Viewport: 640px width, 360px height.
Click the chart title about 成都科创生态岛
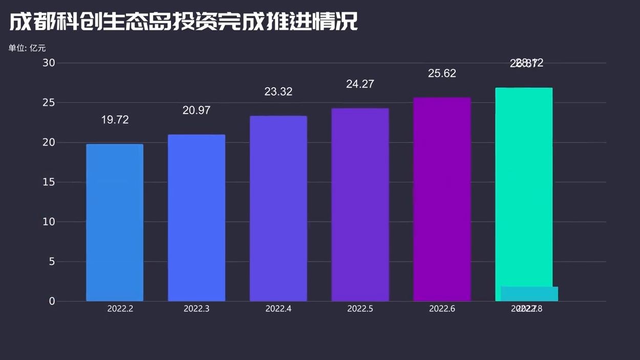coord(183,22)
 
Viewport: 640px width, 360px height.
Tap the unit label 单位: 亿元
coord(27,48)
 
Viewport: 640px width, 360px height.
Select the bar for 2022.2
coord(115,223)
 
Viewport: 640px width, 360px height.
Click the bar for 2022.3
coord(197,218)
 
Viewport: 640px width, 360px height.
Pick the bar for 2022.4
coord(279,208)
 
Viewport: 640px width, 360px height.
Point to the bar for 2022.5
coord(360,205)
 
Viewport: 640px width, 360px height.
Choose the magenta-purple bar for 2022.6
coord(442,199)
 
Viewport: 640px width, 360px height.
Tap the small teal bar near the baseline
coord(529,294)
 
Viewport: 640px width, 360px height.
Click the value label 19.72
coord(115,120)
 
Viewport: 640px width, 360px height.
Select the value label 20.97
coord(197,110)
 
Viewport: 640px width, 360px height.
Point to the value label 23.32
coord(279,92)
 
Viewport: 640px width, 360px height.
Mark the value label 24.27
coord(360,84)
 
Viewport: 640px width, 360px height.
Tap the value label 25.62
coord(442,73)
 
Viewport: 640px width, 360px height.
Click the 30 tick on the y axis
coord(49,63)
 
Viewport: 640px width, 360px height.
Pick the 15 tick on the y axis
coord(49,182)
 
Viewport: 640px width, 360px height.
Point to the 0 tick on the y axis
coord(52,302)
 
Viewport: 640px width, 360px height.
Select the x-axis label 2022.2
coord(120,309)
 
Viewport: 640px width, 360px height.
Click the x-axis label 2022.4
coord(279,309)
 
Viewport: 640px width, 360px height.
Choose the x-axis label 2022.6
coord(442,309)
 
